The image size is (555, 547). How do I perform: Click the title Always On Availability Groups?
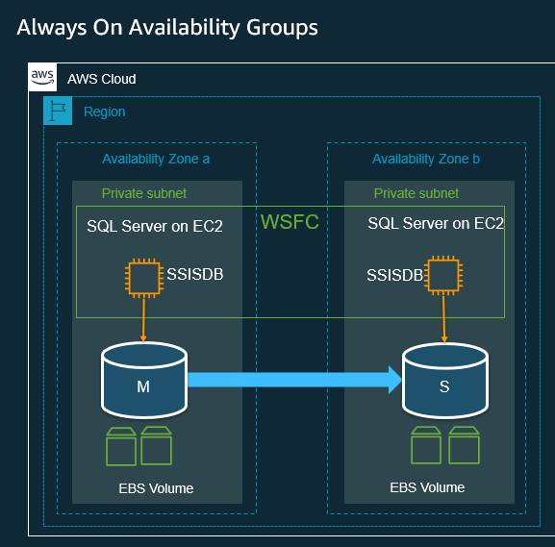tap(167, 28)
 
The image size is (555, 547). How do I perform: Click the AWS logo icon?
tap(41, 77)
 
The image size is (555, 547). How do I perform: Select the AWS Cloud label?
tap(101, 79)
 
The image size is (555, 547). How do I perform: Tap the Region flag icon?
tap(58, 112)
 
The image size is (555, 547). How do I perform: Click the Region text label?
tap(104, 112)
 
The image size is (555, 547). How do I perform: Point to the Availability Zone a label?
tap(156, 159)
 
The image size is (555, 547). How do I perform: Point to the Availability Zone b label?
tap(426, 159)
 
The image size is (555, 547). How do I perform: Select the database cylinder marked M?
tap(144, 380)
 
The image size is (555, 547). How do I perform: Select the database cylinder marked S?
tap(444, 380)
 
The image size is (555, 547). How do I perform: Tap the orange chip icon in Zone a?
tap(144, 278)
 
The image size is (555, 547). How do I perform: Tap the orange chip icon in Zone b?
tap(442, 276)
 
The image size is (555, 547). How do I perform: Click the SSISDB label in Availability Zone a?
tap(195, 274)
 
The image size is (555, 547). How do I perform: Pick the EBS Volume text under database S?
tap(427, 487)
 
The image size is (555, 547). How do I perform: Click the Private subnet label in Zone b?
tap(416, 193)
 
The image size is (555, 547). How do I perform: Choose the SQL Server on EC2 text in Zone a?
tap(155, 227)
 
